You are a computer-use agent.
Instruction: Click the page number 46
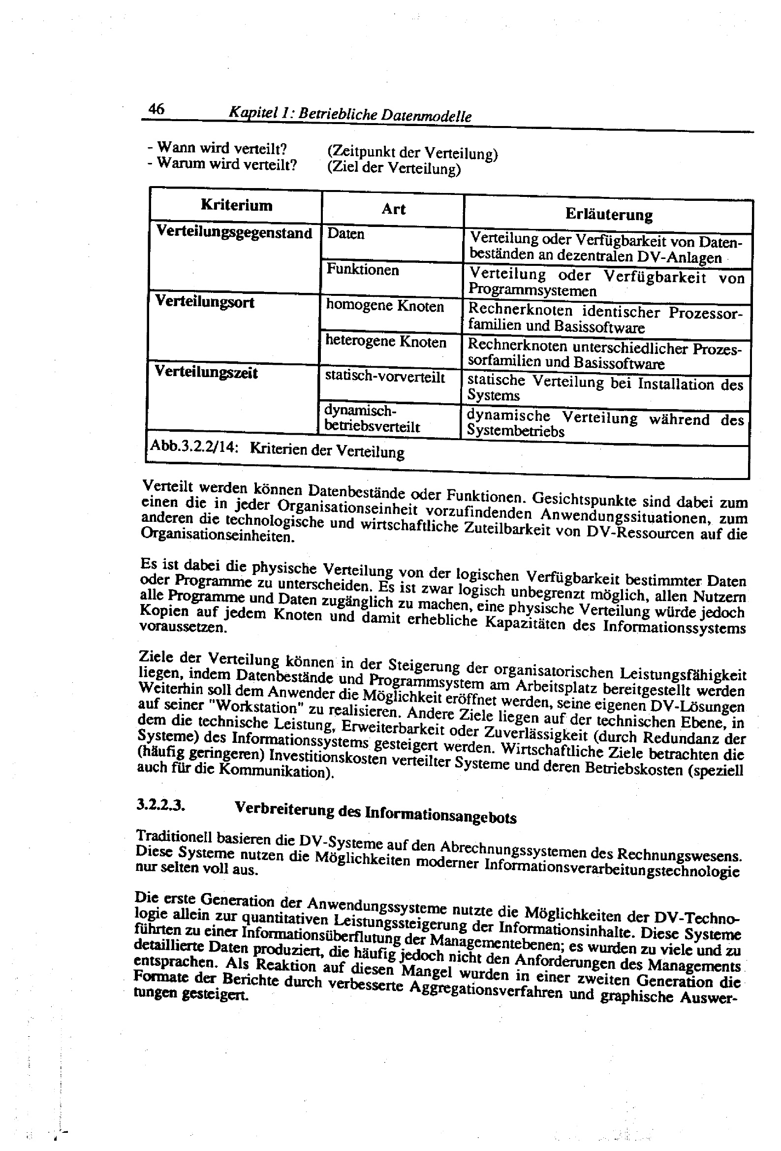click(x=156, y=108)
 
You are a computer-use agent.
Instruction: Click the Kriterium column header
click(x=236, y=205)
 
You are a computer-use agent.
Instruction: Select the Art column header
click(x=393, y=209)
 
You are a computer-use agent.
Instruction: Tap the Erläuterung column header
click(x=609, y=215)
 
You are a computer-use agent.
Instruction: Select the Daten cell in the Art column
click(x=345, y=233)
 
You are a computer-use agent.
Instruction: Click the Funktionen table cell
click(x=363, y=270)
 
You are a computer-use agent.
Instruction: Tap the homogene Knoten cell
click(x=385, y=306)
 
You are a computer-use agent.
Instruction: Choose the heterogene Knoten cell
click(x=386, y=342)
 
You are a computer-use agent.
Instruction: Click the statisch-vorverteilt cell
click(x=385, y=378)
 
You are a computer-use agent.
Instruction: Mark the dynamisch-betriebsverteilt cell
click(x=372, y=419)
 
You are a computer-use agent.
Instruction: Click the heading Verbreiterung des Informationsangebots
click(x=375, y=812)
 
